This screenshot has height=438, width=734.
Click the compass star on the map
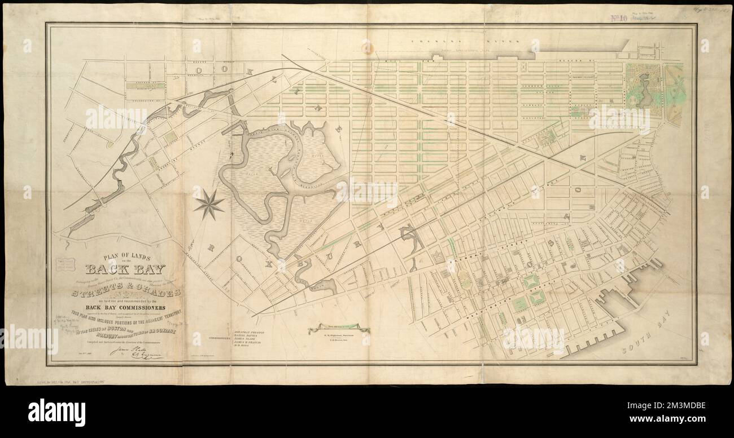pos(208,205)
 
